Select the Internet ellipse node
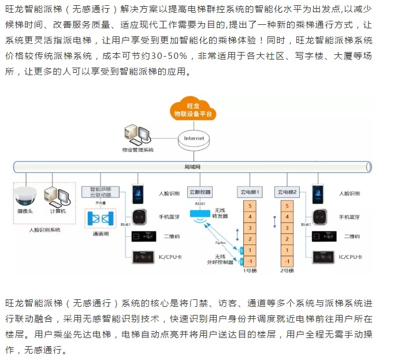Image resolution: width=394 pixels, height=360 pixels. point(194,139)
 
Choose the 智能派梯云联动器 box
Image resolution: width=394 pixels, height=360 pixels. point(100,192)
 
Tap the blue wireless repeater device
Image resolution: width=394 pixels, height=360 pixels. point(201,215)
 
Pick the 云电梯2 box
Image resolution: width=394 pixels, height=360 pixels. point(287,191)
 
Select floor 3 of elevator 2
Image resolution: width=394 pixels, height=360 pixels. point(287,227)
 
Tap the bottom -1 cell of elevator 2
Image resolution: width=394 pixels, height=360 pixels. point(287,261)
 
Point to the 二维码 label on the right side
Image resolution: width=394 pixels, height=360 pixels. point(353,236)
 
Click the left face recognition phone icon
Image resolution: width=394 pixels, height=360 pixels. point(137,193)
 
